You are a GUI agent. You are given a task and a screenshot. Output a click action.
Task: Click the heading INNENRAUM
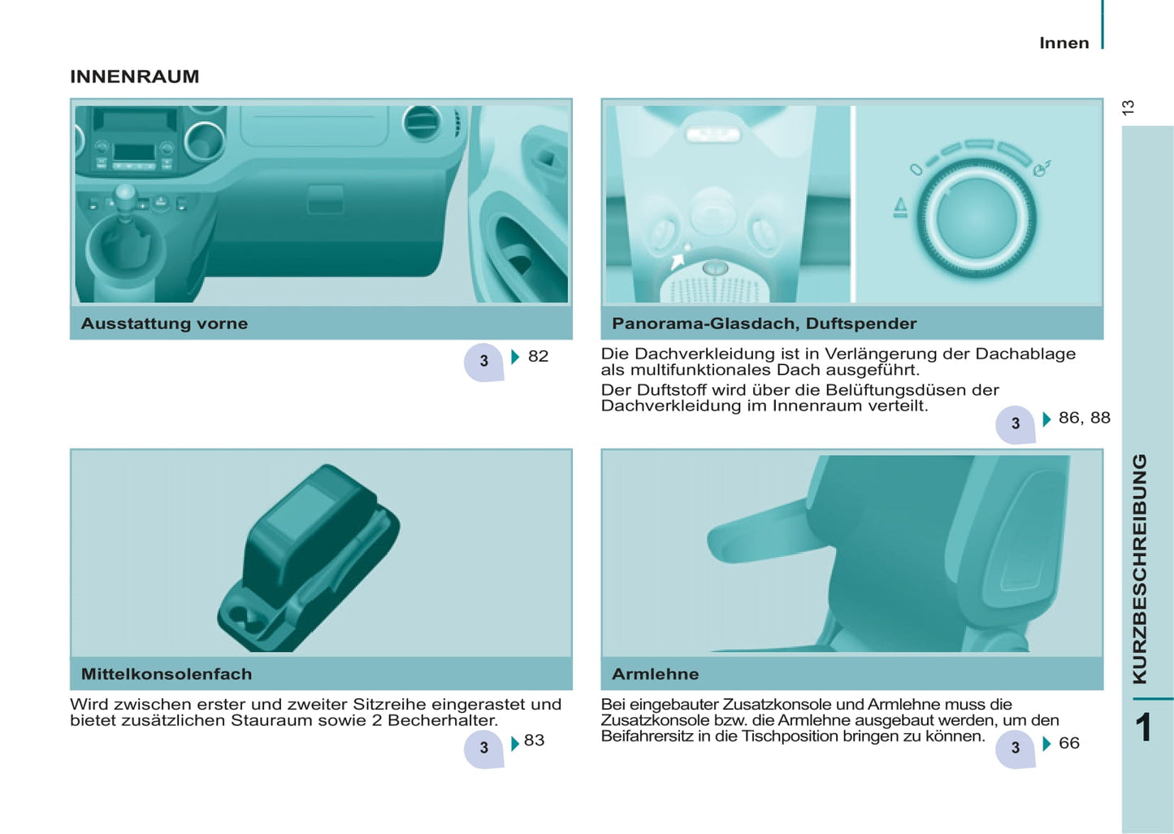[135, 76]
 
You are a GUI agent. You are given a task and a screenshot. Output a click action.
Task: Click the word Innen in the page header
[1064, 43]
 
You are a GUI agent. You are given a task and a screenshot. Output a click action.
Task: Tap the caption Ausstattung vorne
[164, 323]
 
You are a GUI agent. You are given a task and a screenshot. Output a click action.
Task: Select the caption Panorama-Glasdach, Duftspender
[765, 323]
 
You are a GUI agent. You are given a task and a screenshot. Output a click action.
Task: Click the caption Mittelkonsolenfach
[167, 674]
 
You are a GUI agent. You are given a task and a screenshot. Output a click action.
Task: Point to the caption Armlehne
[655, 674]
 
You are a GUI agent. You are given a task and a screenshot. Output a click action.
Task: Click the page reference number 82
[539, 356]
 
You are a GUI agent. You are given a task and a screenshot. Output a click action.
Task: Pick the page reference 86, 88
[1085, 418]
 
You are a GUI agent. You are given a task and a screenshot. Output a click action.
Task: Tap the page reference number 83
[534, 740]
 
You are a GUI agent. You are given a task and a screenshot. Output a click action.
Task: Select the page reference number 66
[1069, 743]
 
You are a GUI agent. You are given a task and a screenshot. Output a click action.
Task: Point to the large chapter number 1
[1143, 728]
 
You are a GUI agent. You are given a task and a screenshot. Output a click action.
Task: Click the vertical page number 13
[1129, 107]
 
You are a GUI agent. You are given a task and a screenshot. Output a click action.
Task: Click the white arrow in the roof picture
[677, 260]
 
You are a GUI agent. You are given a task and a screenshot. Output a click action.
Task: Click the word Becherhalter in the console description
[442, 720]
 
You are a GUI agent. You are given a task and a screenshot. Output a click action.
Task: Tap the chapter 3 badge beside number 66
[1016, 749]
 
